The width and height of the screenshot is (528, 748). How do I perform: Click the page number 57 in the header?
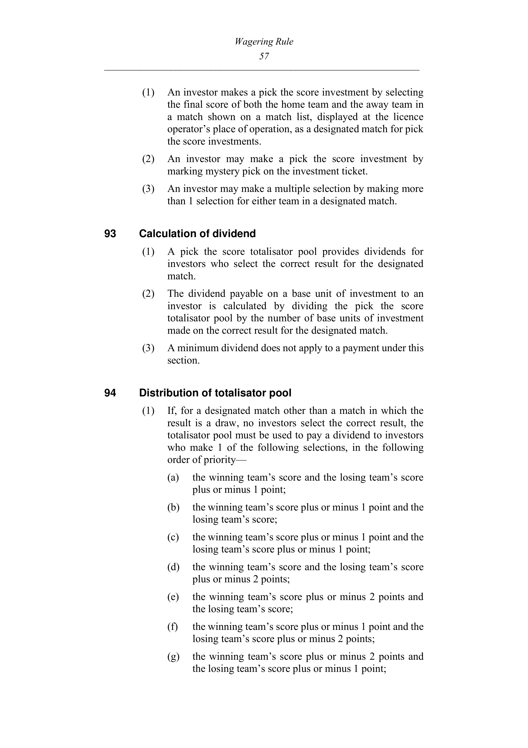tap(264, 56)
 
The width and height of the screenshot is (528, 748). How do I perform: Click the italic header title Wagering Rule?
tap(264, 42)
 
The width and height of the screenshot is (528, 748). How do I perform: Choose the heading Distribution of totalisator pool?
tap(215, 393)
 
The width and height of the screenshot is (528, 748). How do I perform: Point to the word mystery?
tap(222, 171)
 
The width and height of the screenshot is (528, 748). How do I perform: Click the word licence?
tap(408, 117)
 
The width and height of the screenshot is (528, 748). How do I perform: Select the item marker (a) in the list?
tap(173, 478)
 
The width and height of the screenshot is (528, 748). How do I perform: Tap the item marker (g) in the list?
tap(173, 657)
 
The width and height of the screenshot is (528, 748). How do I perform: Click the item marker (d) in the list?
tap(173, 567)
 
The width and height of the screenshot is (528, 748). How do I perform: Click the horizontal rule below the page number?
tap(262, 70)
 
